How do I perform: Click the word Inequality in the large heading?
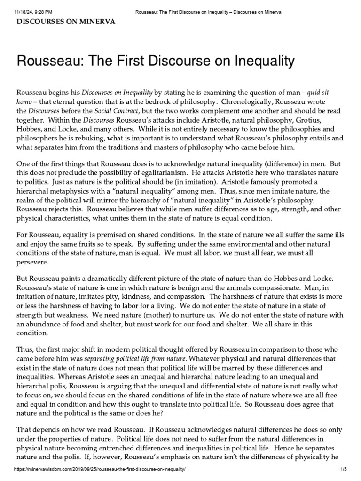254,61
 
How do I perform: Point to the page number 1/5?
351,476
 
